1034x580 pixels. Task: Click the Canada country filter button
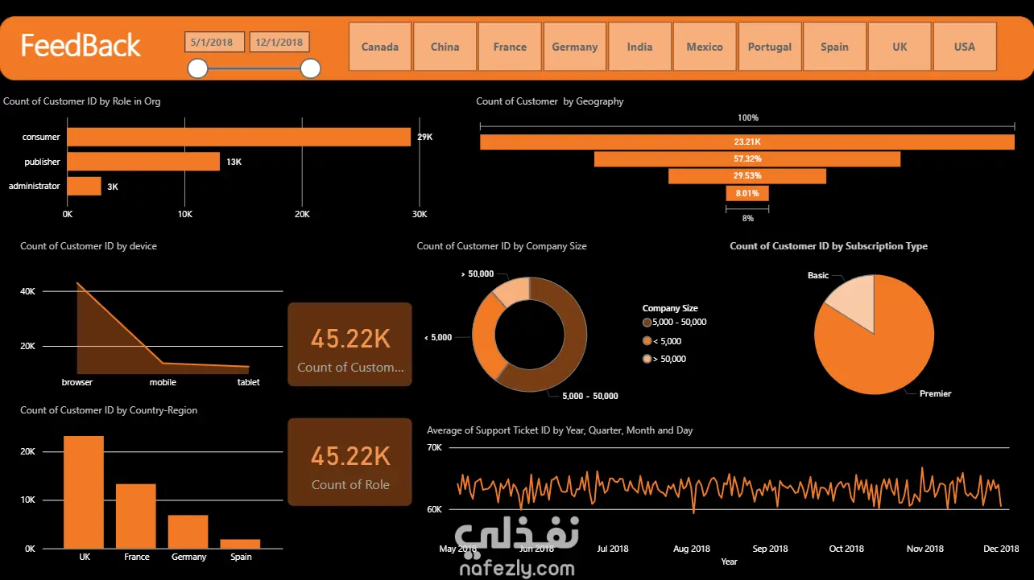380,47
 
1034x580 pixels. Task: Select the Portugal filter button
769,47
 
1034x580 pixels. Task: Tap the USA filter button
964,47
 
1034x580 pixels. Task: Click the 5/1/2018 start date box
214,43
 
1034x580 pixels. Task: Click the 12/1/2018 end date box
279,43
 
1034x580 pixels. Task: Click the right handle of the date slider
310,69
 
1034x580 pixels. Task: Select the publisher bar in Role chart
143,162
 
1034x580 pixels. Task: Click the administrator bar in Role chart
84,187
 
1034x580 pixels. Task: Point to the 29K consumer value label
424,138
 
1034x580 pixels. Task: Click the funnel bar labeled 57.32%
747,159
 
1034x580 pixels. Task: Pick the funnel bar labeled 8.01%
747,193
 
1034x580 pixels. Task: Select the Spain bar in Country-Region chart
240,544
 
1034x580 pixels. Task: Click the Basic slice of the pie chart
850,301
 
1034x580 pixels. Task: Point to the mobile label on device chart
163,382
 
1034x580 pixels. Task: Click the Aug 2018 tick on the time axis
692,549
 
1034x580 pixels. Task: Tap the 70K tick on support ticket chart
434,447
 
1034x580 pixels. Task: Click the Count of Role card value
350,456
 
